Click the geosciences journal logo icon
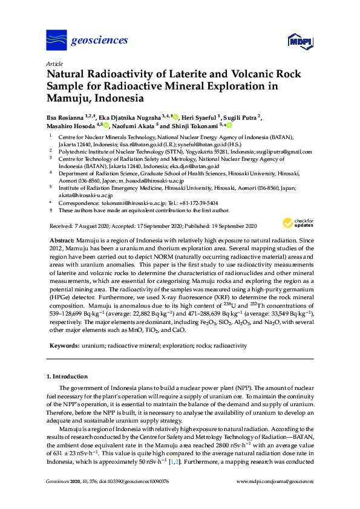click(x=56, y=40)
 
